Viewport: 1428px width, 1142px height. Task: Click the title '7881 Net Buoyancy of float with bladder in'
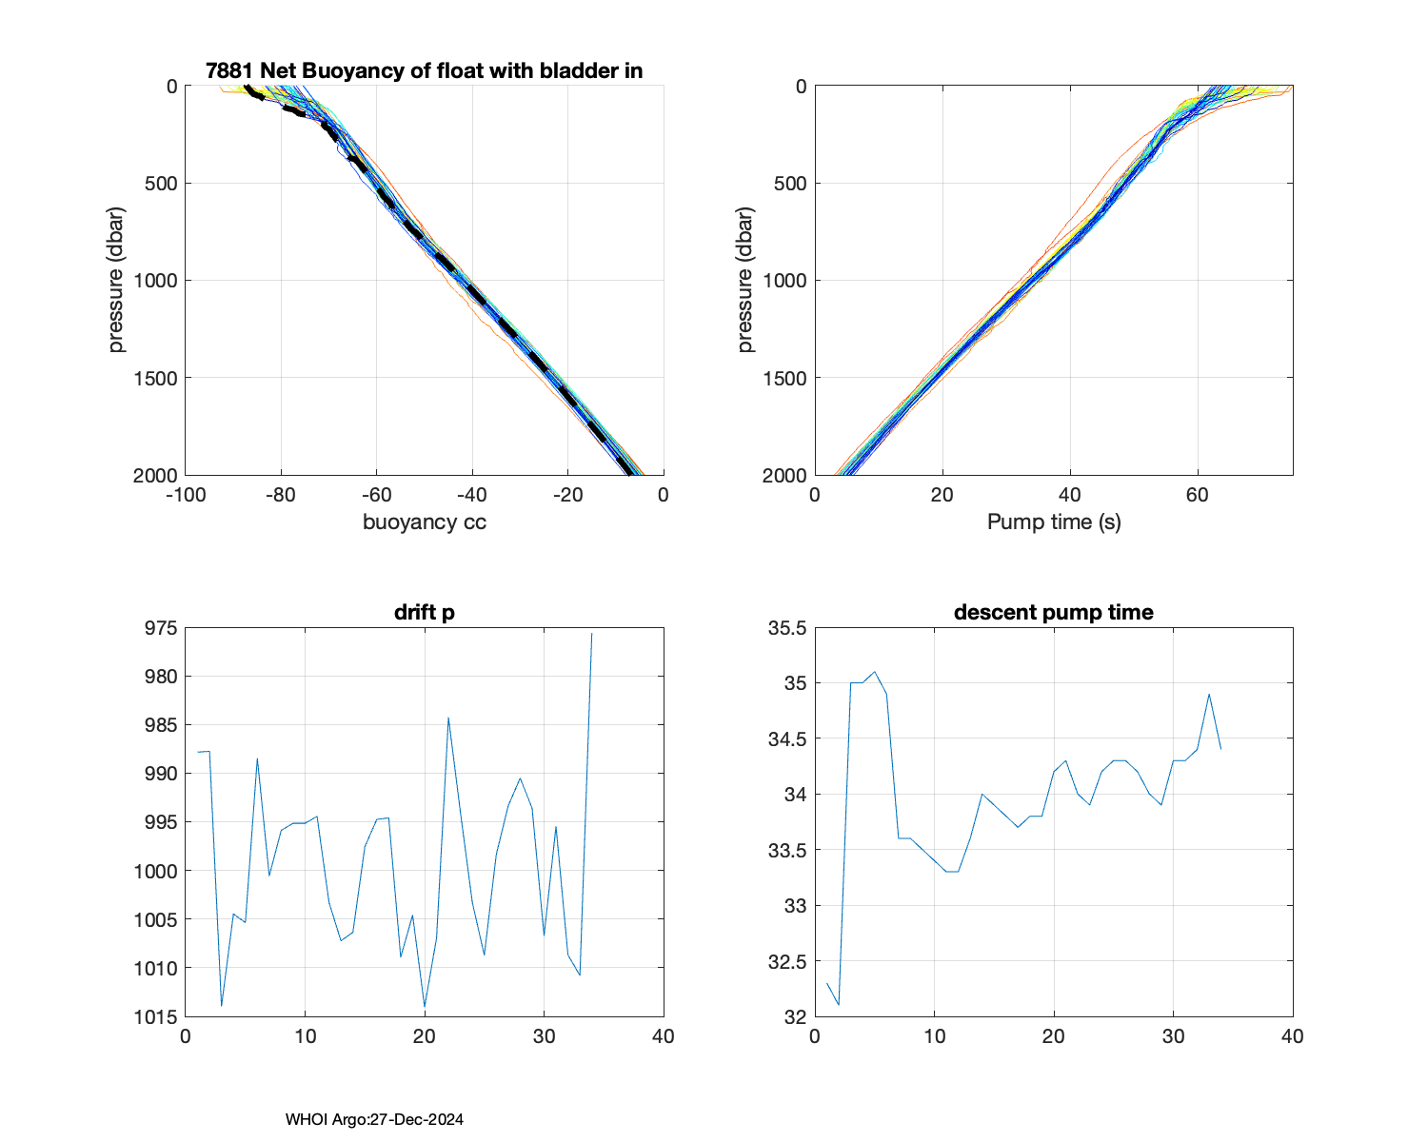[x=424, y=70]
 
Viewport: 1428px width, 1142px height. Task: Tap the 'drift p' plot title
[x=424, y=612]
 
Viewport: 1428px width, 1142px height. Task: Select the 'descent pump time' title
[x=1053, y=612]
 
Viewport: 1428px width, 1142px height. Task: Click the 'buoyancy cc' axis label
[x=424, y=522]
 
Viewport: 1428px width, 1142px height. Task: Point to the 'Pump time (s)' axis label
[x=1053, y=522]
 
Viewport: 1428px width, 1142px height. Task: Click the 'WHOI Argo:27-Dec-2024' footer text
[x=374, y=1119]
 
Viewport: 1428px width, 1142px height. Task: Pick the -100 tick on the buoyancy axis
[x=186, y=494]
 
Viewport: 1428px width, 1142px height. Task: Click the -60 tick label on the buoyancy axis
[x=376, y=494]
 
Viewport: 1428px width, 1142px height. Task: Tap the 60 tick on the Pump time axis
[x=1197, y=494]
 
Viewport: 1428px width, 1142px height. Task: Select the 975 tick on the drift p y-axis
[x=158, y=628]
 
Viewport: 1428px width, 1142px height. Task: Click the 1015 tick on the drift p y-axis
[x=154, y=1016]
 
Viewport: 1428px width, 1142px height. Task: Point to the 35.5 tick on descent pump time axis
[x=786, y=628]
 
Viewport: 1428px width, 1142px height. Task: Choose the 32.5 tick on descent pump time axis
[x=786, y=961]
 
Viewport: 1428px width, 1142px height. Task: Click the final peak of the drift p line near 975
[x=591, y=634]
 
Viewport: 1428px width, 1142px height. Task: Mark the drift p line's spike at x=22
[x=448, y=718]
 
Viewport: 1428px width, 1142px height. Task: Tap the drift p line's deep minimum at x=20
[x=425, y=1006]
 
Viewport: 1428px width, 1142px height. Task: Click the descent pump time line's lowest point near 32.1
[x=839, y=1005]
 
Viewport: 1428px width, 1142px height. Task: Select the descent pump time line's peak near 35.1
[x=875, y=672]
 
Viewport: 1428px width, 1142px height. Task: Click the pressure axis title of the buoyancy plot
[x=116, y=280]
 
